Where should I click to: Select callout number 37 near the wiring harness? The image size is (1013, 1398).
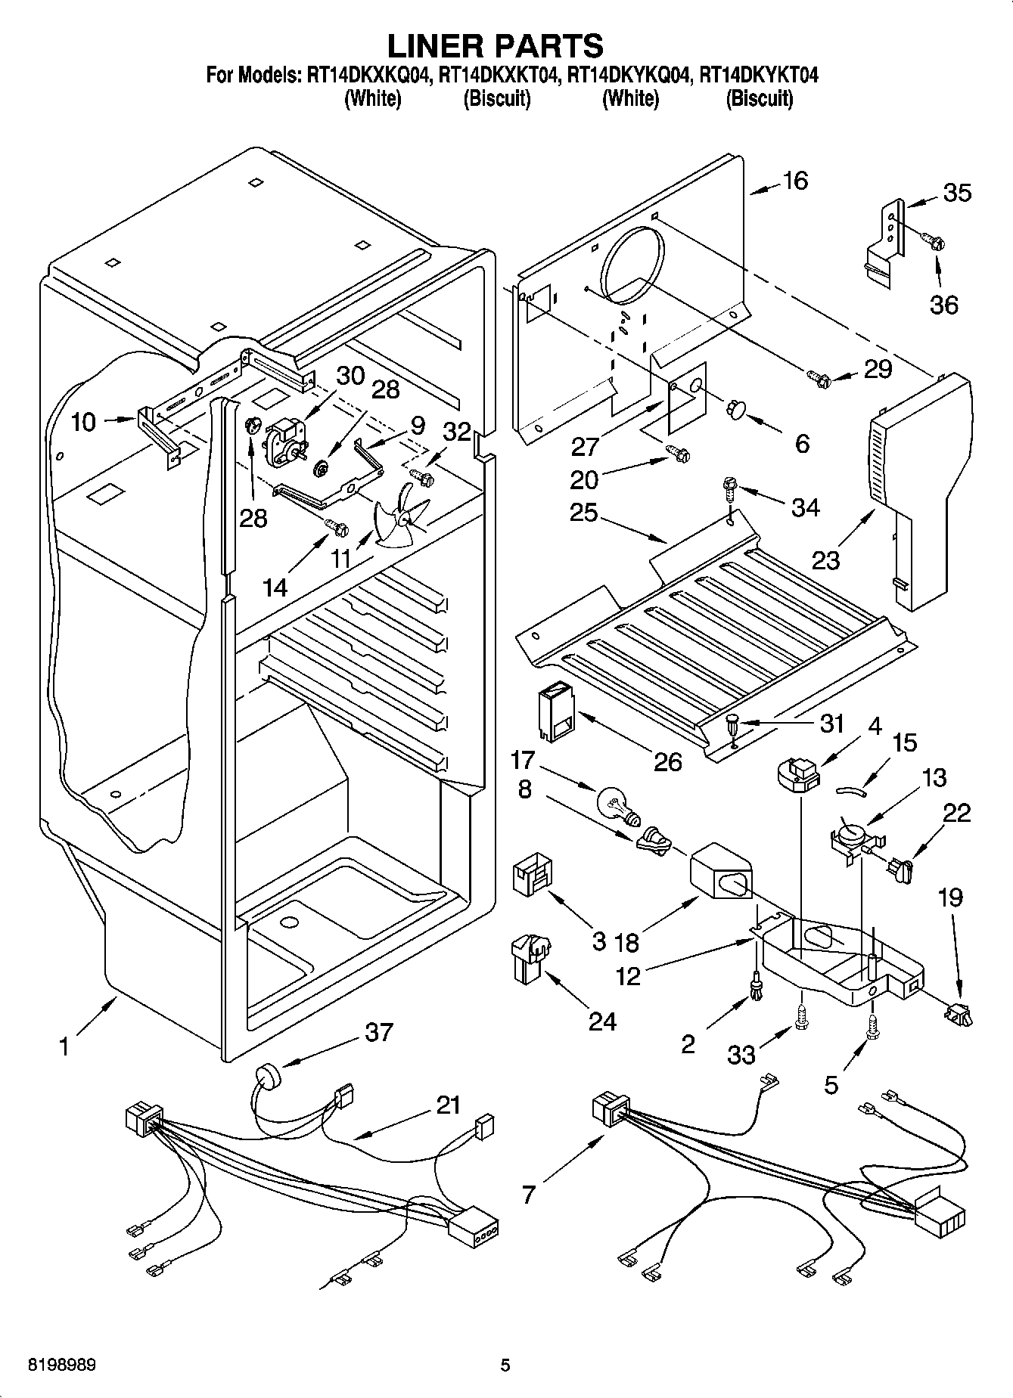pos(379,1031)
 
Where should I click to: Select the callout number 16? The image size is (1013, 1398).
pos(796,181)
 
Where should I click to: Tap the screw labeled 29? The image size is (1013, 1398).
pos(819,376)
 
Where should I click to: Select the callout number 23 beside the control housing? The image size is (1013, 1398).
pos(825,560)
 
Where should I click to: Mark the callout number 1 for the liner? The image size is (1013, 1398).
pos(64,1047)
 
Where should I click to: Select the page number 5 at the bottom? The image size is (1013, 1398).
pos(505,1365)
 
